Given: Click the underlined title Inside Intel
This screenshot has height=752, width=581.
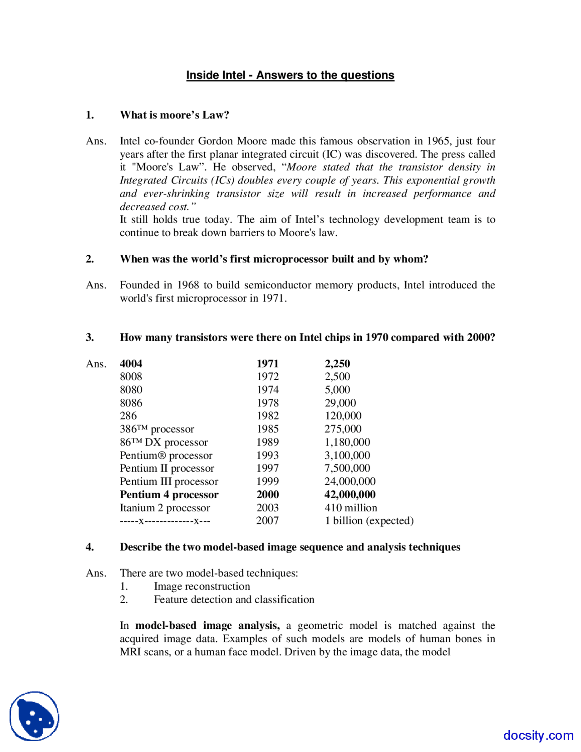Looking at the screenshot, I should [x=290, y=75].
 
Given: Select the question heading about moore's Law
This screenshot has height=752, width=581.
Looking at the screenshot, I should [x=174, y=115].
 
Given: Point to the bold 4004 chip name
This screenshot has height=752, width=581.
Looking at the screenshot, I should [x=131, y=364].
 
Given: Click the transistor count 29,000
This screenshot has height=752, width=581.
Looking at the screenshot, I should [x=340, y=403].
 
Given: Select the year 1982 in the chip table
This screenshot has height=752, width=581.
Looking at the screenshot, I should [x=267, y=416].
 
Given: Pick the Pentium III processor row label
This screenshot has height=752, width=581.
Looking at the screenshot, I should [x=169, y=481].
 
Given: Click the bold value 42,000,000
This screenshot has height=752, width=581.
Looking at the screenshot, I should [x=350, y=495].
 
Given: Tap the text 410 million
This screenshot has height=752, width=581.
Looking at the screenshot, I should [x=350, y=508].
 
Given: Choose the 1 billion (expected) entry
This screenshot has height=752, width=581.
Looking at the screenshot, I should [x=369, y=520].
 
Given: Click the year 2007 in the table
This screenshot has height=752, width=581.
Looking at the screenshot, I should [x=267, y=520].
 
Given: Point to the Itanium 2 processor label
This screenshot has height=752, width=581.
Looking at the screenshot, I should [x=165, y=508].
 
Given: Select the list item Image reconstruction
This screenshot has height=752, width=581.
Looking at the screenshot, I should [x=202, y=586].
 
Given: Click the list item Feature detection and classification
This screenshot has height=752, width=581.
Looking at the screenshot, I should [x=234, y=599].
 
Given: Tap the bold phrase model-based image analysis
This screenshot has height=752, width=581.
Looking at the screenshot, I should [x=207, y=626].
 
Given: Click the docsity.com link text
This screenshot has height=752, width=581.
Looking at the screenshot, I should [x=538, y=735].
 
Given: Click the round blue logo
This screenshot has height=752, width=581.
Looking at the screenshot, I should [x=34, y=716].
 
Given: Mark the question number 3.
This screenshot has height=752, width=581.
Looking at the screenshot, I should [x=90, y=337].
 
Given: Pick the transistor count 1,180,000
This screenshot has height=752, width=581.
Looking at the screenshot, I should [x=347, y=442].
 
